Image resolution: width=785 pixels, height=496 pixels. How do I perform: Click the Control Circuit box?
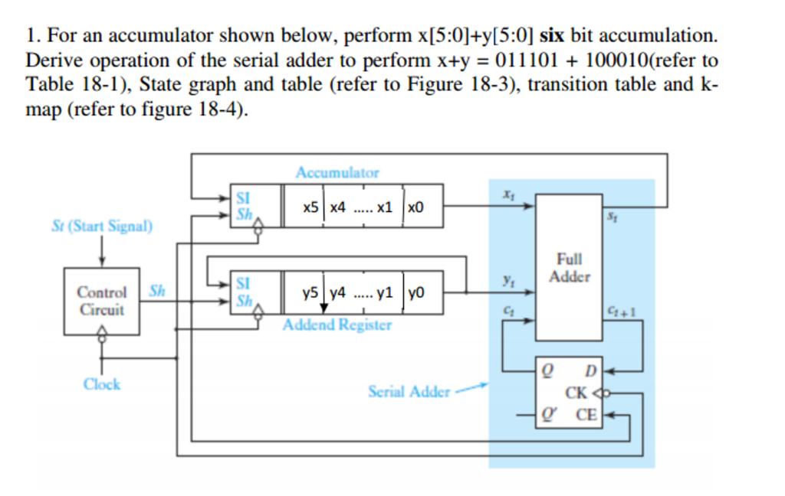click(101, 301)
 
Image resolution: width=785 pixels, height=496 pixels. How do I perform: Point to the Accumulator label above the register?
click(337, 172)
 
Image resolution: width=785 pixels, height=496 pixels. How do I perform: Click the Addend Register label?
click(337, 325)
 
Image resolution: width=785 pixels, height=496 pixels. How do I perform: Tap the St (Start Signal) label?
click(102, 227)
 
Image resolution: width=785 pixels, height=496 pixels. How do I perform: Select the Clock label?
click(102, 383)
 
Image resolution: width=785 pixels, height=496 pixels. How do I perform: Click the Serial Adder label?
click(409, 392)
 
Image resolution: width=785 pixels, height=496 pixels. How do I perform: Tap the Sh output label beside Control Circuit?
click(156, 291)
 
